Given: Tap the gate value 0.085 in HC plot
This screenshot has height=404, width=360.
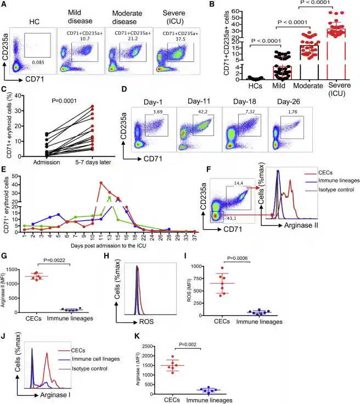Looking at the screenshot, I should click(x=37, y=63).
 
